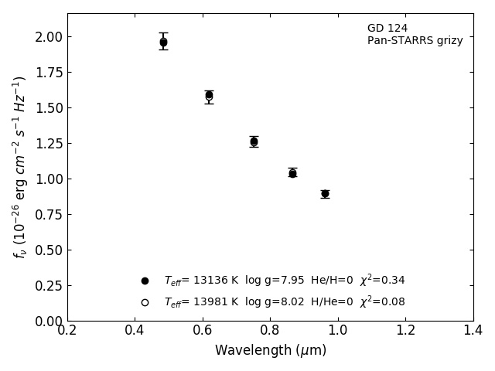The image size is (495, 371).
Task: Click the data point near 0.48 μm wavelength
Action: coord(163,42)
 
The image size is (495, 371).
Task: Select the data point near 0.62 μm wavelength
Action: coord(209,95)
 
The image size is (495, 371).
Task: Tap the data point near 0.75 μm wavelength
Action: coord(254,141)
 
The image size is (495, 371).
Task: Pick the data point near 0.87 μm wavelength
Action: coord(292,173)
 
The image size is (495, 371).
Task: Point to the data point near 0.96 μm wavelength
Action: coord(325,194)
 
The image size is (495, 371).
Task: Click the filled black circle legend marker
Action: coord(145,281)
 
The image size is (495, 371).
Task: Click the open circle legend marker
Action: coord(145,302)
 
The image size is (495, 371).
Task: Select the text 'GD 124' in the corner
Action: coord(387,29)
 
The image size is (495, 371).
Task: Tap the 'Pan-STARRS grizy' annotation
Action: coord(415,41)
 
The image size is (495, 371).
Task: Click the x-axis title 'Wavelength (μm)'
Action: coord(271,351)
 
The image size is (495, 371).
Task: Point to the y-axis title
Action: coord(19,167)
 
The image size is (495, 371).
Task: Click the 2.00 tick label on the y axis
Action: coord(48,37)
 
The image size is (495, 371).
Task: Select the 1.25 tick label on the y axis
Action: coord(48,144)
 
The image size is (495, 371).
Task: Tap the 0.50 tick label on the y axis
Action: coord(48,250)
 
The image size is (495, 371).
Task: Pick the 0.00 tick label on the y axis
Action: coord(48,322)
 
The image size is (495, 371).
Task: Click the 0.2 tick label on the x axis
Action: coord(67,331)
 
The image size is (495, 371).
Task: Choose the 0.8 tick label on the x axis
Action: coord(271,331)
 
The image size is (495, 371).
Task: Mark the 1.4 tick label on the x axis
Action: coord(473,331)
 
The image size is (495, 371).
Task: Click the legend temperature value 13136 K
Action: coord(215,281)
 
